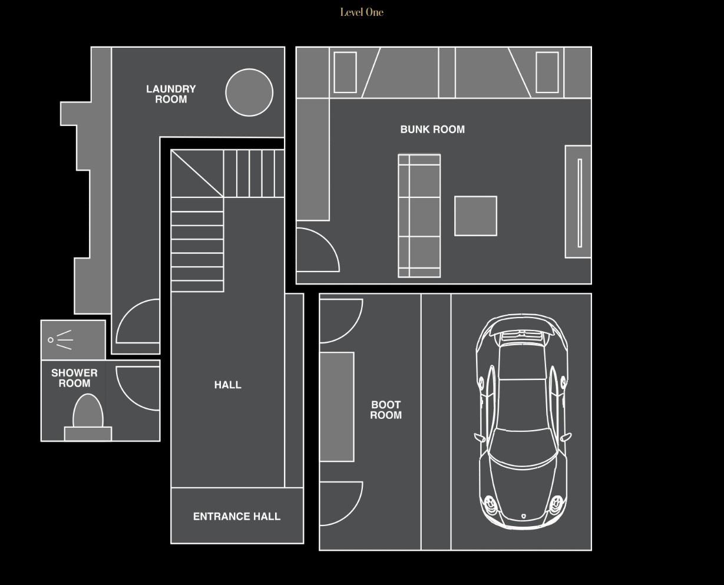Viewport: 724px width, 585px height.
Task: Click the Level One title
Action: click(x=362, y=12)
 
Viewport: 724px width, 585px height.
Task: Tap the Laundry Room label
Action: click(x=171, y=94)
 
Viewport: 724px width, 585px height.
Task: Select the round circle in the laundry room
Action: click(x=249, y=92)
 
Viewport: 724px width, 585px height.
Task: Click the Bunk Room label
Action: click(x=432, y=130)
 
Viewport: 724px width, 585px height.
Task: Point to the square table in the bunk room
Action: click(x=475, y=216)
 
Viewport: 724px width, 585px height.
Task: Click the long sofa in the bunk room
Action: click(x=419, y=216)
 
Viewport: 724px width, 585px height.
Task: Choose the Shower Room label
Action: click(x=74, y=378)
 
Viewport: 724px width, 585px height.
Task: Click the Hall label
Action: click(x=227, y=385)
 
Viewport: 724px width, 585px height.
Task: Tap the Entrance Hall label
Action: click(x=237, y=517)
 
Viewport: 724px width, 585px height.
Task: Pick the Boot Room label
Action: click(x=386, y=410)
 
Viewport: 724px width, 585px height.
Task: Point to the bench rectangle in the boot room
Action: click(x=337, y=407)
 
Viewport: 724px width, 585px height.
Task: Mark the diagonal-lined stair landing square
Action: click(x=197, y=173)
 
